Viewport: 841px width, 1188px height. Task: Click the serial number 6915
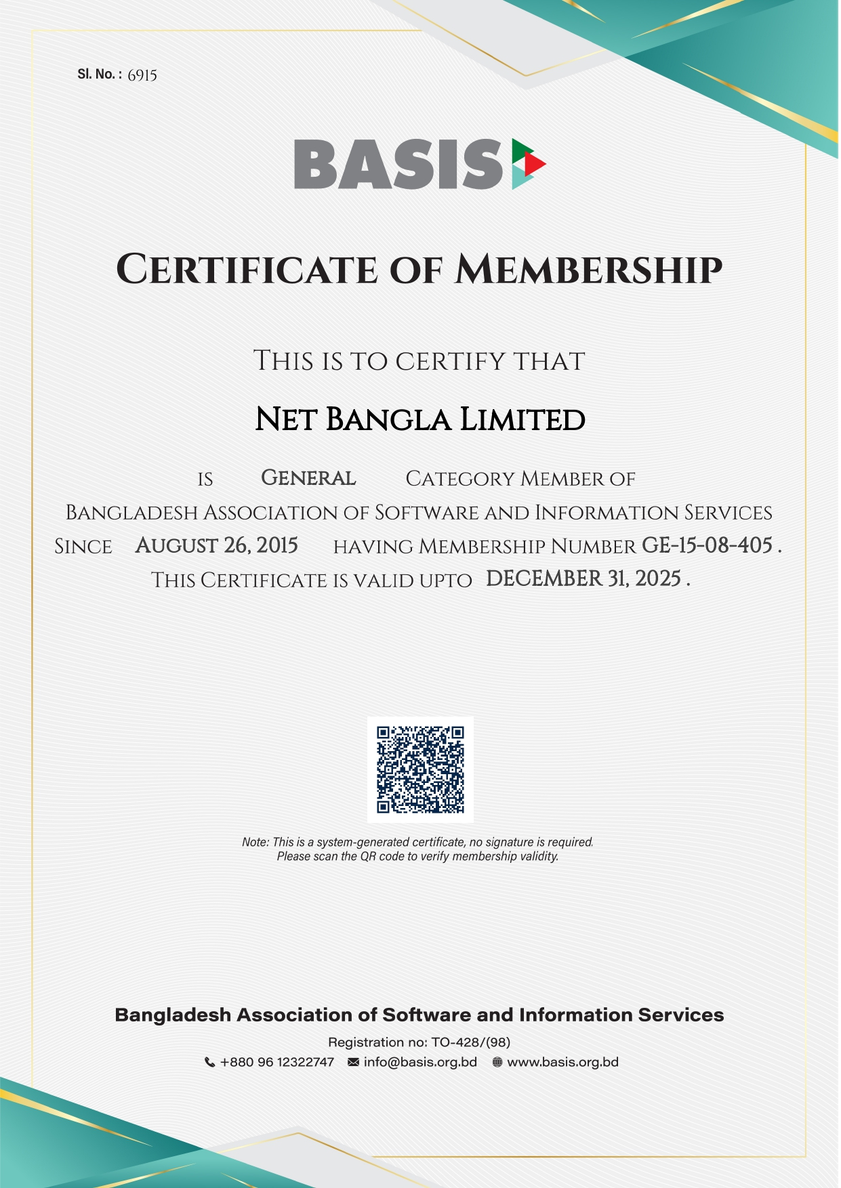click(142, 75)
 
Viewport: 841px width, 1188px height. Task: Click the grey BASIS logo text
click(398, 164)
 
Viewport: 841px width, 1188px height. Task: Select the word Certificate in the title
click(247, 269)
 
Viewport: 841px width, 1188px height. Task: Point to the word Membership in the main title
click(588, 269)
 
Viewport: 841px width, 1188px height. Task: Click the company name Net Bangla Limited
click(420, 420)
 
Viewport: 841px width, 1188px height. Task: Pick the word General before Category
click(308, 478)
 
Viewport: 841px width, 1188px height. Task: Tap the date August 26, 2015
click(216, 545)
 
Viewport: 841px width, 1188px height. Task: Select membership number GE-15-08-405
click(707, 545)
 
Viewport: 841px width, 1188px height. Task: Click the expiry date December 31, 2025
click(583, 579)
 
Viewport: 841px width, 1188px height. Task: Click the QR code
click(420, 769)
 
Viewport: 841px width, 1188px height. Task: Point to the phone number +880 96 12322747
click(277, 1062)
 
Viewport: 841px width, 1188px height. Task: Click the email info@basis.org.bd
click(420, 1062)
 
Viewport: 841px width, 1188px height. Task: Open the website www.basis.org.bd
click(562, 1062)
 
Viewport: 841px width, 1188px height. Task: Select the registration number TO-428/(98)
click(470, 1042)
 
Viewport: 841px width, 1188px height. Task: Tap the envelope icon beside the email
click(353, 1063)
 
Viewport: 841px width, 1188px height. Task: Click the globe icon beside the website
click(497, 1063)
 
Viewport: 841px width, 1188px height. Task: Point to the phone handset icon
click(210, 1063)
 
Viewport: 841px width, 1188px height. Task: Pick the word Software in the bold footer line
click(427, 1015)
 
